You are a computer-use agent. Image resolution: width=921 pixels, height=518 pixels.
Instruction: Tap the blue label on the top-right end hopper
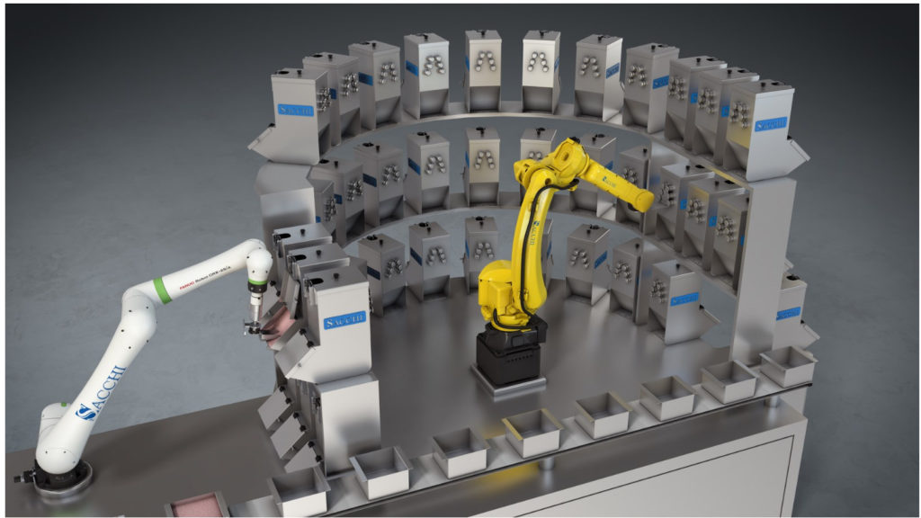(772, 121)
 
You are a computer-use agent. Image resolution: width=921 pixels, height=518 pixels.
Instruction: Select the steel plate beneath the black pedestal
(508, 386)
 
